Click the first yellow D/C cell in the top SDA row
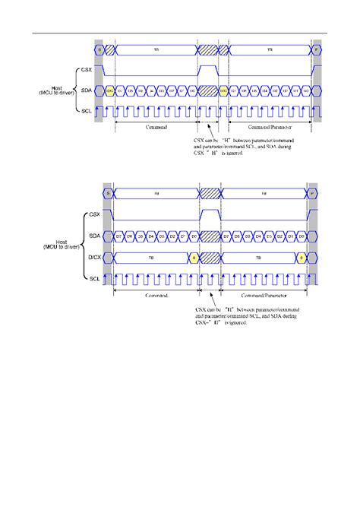tap(110, 91)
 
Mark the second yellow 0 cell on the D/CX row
tap(302, 258)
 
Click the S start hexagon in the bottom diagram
tap(109, 195)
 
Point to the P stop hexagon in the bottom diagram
tap(312, 195)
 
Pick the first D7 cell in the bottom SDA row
tap(119, 236)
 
